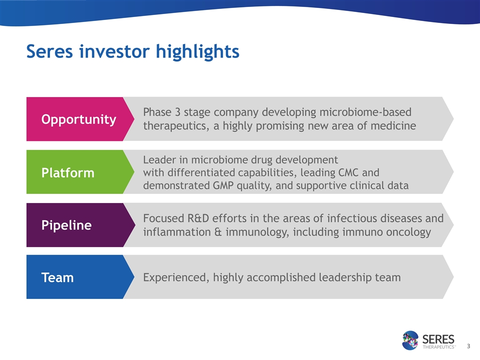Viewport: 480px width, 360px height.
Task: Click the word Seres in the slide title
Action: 49,51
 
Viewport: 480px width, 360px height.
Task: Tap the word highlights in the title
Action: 197,52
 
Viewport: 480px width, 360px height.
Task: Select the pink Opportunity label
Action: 78,119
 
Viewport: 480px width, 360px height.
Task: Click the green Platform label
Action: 67,173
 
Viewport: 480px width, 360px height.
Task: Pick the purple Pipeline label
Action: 66,225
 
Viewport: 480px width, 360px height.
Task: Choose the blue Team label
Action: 57,277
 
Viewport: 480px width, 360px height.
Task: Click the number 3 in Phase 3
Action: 177,112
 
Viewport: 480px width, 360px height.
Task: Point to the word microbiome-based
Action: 365,112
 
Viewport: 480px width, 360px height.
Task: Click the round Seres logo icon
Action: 410,340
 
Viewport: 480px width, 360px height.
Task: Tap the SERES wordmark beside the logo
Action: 438,339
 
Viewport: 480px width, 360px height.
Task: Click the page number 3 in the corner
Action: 468,346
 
